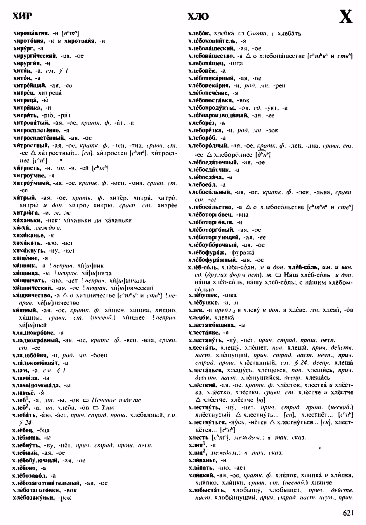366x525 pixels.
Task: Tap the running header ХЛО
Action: [x=198, y=17]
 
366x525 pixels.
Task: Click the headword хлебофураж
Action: [x=207, y=253]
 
